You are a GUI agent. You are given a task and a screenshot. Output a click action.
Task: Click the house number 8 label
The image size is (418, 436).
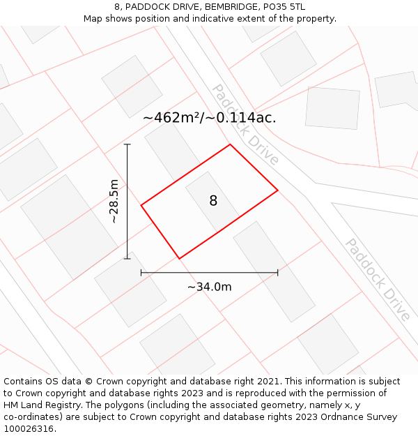click(213, 201)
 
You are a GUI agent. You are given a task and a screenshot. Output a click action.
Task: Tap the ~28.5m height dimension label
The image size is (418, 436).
click(114, 202)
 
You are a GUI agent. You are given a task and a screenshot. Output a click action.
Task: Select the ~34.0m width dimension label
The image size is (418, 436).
click(209, 287)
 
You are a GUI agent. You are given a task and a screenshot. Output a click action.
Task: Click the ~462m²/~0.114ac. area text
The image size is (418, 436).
click(209, 118)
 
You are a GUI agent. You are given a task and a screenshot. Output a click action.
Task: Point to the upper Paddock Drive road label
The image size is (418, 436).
click(245, 125)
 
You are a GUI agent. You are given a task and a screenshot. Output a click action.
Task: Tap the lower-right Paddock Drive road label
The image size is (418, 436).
click(378, 280)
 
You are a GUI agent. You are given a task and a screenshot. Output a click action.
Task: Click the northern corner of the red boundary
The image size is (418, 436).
click(230, 145)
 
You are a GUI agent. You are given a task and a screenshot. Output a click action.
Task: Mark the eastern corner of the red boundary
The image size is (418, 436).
click(278, 190)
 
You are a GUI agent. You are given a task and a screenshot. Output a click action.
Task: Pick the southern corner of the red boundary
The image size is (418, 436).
click(179, 259)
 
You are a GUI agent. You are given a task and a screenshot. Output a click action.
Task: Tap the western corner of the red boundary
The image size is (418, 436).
click(141, 205)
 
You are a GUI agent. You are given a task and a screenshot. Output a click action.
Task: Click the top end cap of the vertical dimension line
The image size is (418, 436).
click(127, 144)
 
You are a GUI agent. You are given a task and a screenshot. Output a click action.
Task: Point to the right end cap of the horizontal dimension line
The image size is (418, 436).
click(278, 272)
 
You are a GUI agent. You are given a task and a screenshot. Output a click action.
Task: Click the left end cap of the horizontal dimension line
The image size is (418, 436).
click(141, 272)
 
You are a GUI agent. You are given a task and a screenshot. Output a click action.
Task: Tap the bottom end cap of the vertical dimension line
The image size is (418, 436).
click(127, 259)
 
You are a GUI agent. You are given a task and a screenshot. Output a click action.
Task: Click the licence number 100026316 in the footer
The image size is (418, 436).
click(29, 429)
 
